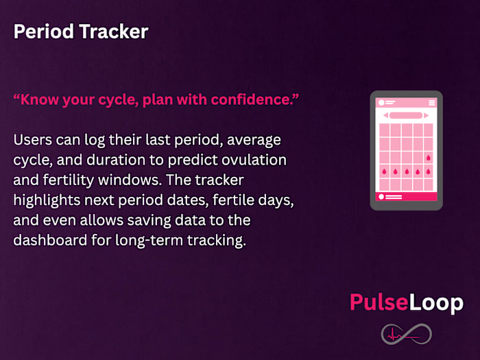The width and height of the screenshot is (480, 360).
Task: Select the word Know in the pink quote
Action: pos(39,99)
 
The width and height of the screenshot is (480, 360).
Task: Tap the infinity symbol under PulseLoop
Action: pos(407,334)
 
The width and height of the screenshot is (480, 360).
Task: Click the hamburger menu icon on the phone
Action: pos(431,103)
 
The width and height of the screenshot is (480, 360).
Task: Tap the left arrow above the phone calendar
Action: pos(385,115)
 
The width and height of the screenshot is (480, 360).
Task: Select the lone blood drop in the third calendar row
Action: pos(429,157)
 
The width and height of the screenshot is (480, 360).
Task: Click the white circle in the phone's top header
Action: pos(381,103)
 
